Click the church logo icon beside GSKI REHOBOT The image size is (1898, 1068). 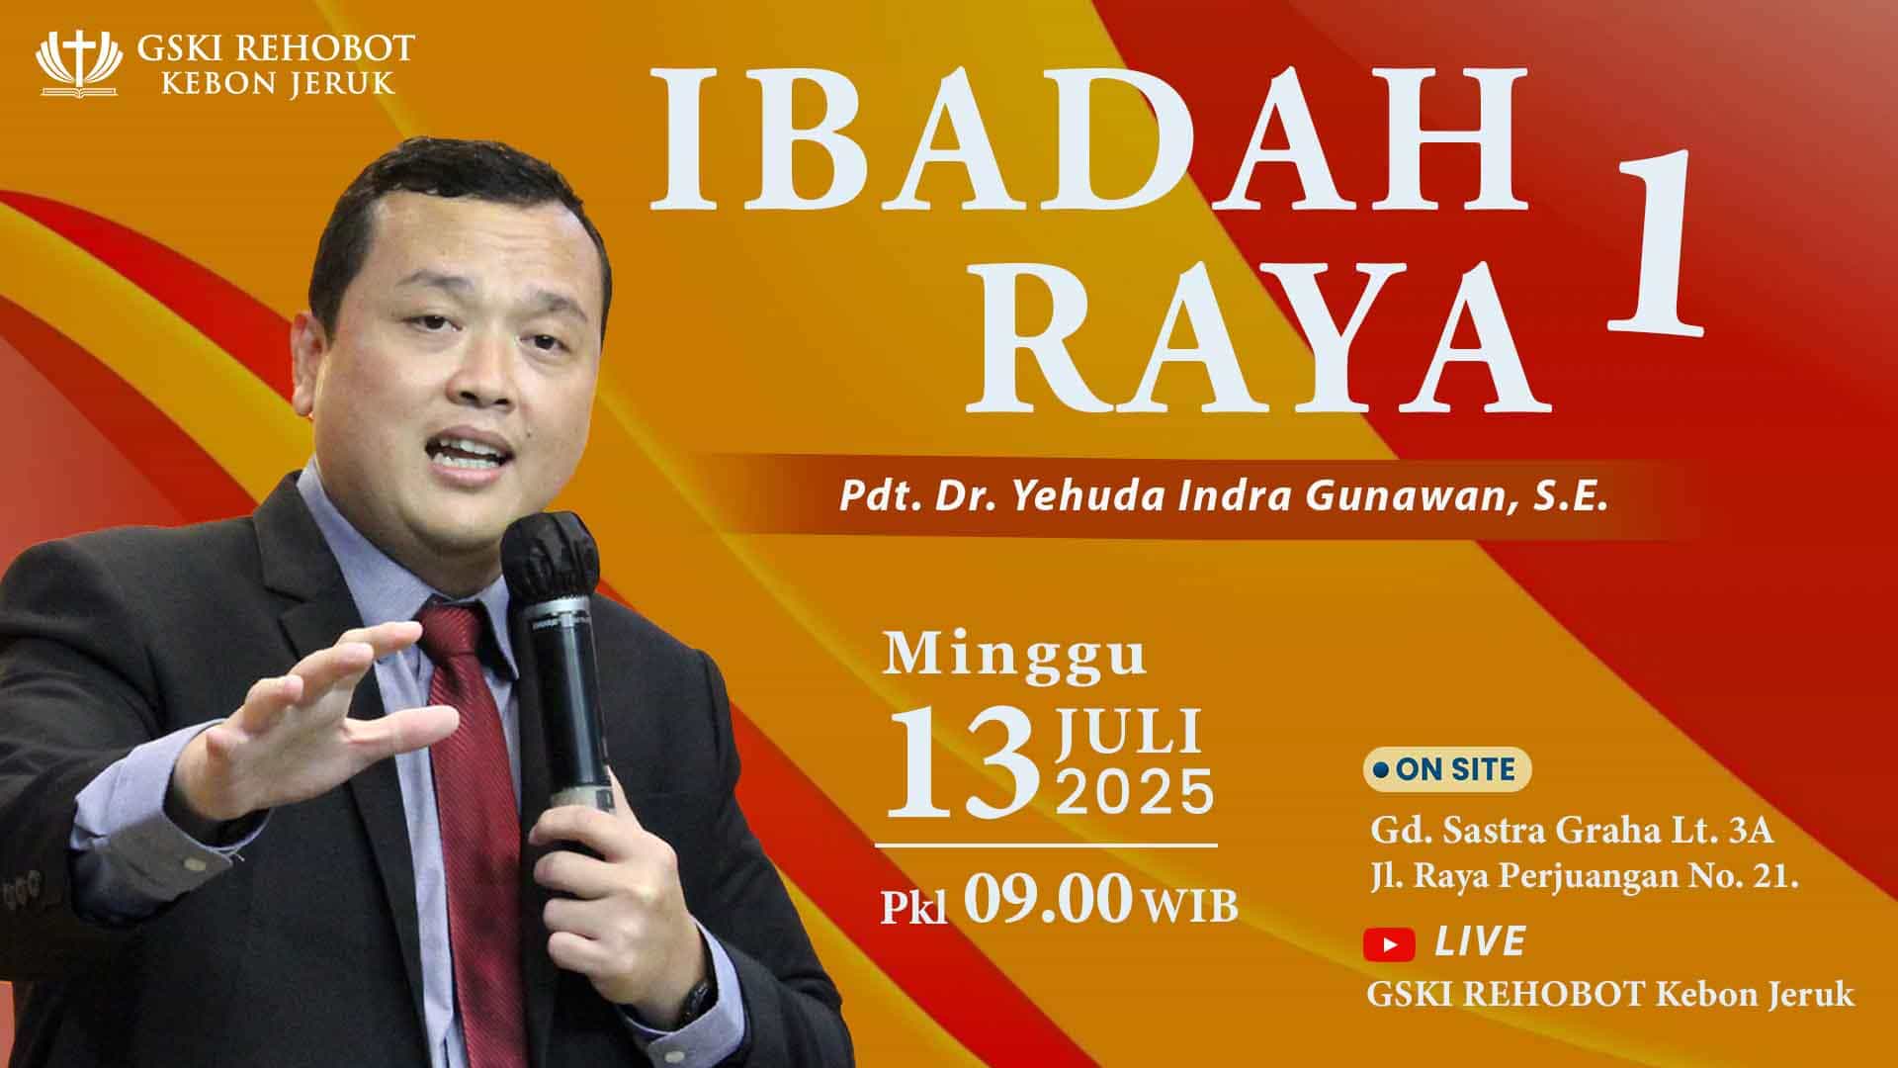pyautogui.click(x=79, y=63)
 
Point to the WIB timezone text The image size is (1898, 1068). pyautogui.click(x=1190, y=905)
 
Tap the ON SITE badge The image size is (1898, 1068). pyautogui.click(x=1447, y=769)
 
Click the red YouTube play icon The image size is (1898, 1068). pyautogui.click(x=1389, y=944)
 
